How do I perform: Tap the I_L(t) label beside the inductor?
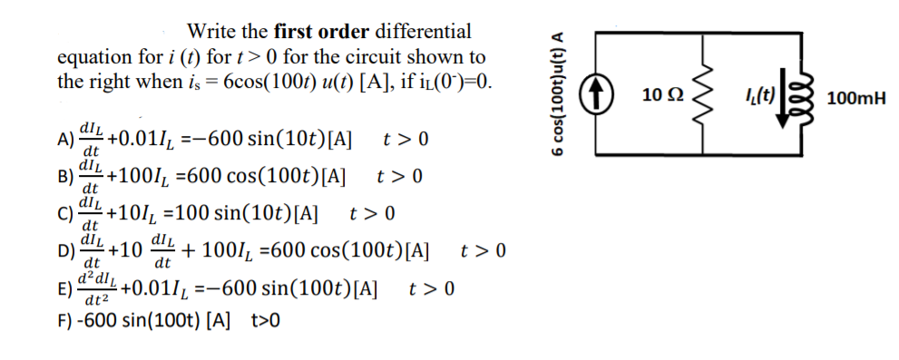click(756, 93)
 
